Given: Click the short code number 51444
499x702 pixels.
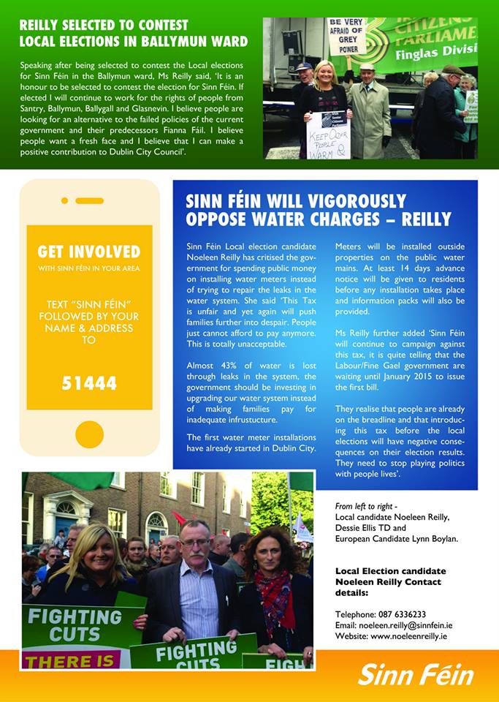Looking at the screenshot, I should tap(89, 384).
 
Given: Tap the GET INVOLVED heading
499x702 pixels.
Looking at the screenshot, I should tap(89, 252).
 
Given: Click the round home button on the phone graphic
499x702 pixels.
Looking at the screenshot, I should tap(89, 434).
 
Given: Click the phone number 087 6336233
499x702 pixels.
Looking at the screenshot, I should tap(396, 614).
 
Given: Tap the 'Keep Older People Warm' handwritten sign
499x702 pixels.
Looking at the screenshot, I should tap(328, 134).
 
